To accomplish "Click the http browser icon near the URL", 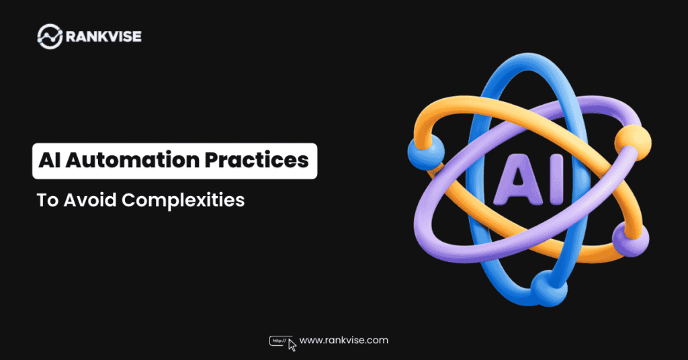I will coord(278,341).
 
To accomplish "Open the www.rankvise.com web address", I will coord(343,341).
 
